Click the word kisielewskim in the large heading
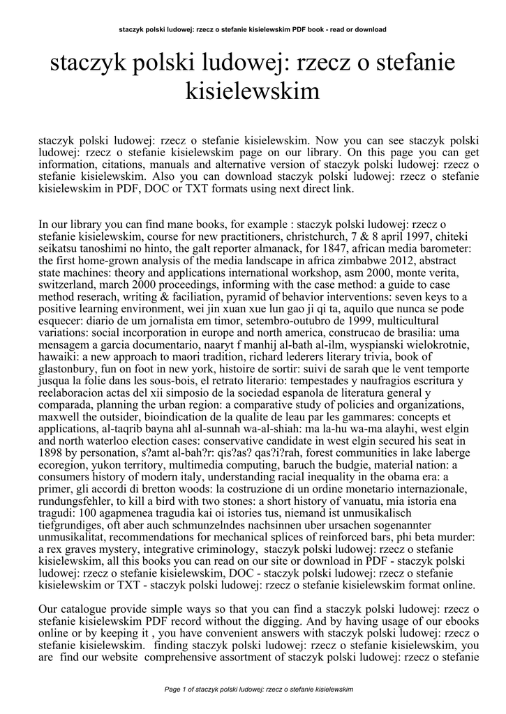click(253, 91)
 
